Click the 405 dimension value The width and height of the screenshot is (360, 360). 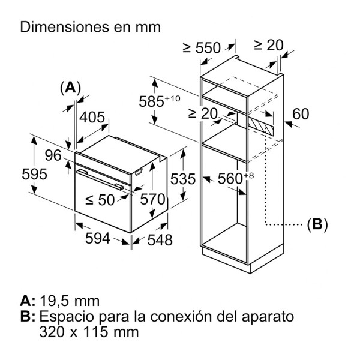tap(92, 118)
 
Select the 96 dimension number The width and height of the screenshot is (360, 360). tap(54, 155)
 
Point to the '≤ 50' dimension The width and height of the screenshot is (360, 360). tap(99, 200)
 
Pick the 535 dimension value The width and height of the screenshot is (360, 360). tap(185, 179)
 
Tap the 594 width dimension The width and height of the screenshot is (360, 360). tap(98, 239)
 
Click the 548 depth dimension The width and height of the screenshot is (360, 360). tap(160, 240)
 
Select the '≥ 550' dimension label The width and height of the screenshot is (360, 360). tap(201, 48)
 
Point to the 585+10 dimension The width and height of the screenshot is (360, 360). tap(159, 101)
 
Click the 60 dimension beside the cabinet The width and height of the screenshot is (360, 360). tap(301, 114)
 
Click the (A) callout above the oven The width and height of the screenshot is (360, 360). tap(70, 88)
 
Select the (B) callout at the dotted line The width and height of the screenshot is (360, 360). tap(316, 225)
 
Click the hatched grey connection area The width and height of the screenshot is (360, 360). tap(260, 124)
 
